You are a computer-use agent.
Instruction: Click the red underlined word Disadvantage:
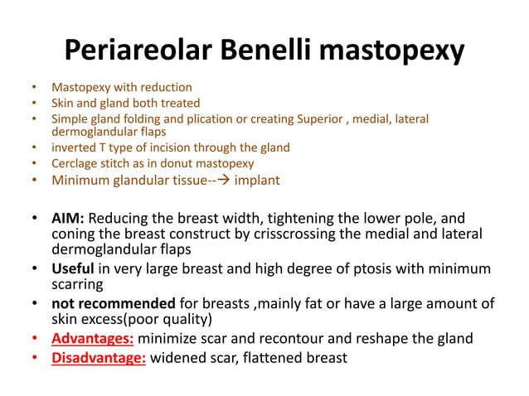(99, 357)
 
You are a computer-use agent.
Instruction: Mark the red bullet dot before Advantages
(33, 339)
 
